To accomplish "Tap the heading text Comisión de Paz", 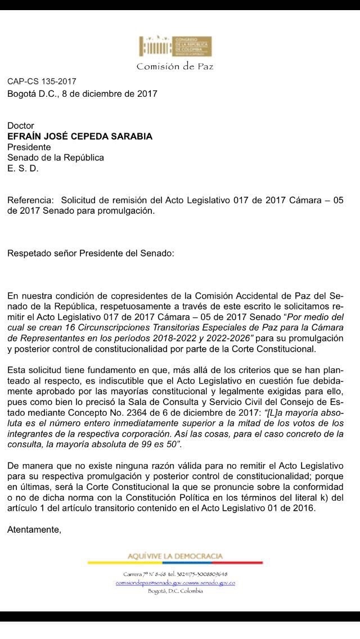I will point(175,66).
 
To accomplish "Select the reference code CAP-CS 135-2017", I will point(42,82).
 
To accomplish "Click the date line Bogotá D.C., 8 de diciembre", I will point(82,94).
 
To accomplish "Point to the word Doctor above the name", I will point(21,126).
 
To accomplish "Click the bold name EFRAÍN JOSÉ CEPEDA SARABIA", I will point(80,137).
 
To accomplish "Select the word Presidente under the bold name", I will point(29,147).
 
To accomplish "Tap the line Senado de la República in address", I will point(56,158).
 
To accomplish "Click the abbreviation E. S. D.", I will point(23,169).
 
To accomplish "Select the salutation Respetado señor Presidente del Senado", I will point(91,253).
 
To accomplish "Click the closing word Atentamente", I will point(34,529).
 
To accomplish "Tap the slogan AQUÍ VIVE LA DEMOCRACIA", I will point(175,556).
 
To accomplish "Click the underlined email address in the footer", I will point(175,583).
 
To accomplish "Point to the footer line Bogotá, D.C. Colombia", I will point(175,592).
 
